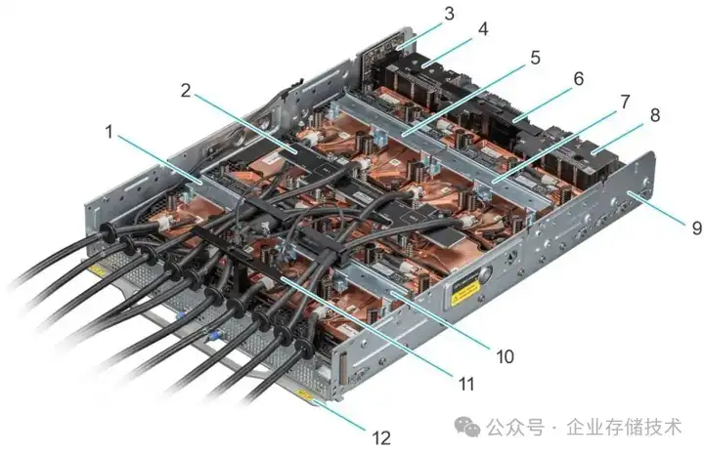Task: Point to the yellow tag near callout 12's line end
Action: click(306, 397)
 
